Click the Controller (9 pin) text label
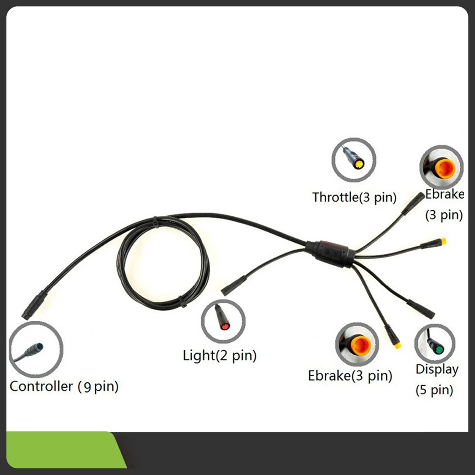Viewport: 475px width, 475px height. point(64,386)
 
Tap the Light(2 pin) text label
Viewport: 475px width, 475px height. point(220,355)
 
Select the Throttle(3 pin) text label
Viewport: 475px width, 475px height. point(354,197)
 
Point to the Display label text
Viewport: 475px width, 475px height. point(437,369)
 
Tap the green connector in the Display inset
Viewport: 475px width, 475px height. point(439,350)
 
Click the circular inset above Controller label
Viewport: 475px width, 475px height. point(36,349)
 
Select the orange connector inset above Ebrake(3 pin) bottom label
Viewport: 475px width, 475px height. point(357,344)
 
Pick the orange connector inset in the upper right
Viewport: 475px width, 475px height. point(441,167)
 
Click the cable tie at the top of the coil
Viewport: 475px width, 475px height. point(156,221)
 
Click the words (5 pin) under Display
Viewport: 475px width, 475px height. point(434,390)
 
